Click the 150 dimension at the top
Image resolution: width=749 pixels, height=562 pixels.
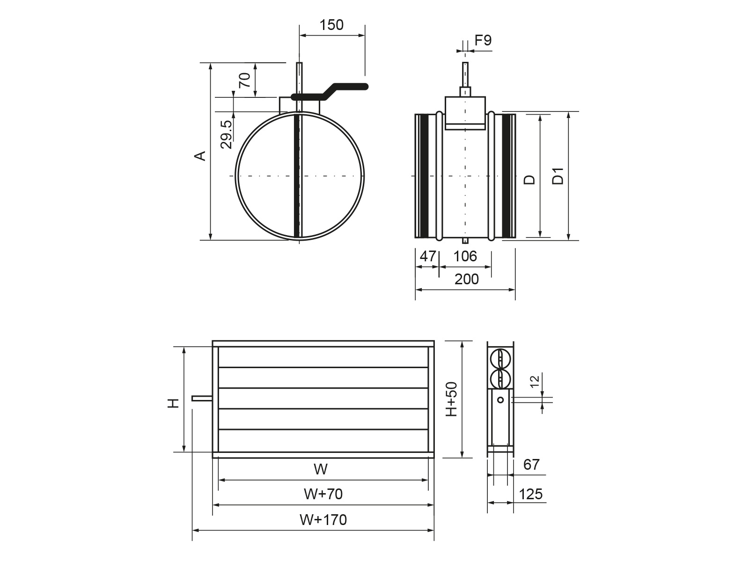point(331,25)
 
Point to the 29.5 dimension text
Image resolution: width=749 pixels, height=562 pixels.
point(226,134)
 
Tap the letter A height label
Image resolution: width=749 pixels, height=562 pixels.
point(200,155)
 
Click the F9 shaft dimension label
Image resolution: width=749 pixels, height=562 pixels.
point(483,41)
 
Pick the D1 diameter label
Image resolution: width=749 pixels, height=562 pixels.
point(558,176)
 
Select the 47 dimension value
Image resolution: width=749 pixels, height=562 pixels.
point(427,256)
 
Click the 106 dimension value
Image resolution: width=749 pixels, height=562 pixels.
point(465,256)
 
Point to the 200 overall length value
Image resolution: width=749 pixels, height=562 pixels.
point(467,279)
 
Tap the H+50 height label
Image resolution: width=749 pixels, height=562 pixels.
point(451,399)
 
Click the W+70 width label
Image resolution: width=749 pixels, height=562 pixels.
point(323,494)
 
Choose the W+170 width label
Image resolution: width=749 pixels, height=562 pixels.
point(323,519)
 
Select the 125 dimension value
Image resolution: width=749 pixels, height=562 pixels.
point(531,494)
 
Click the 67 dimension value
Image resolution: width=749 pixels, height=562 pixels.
point(531,465)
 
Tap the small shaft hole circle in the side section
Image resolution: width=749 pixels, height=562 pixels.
point(500,399)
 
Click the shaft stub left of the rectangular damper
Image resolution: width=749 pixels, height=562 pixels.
point(202,399)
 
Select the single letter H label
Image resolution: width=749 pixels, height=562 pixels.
point(174,403)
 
